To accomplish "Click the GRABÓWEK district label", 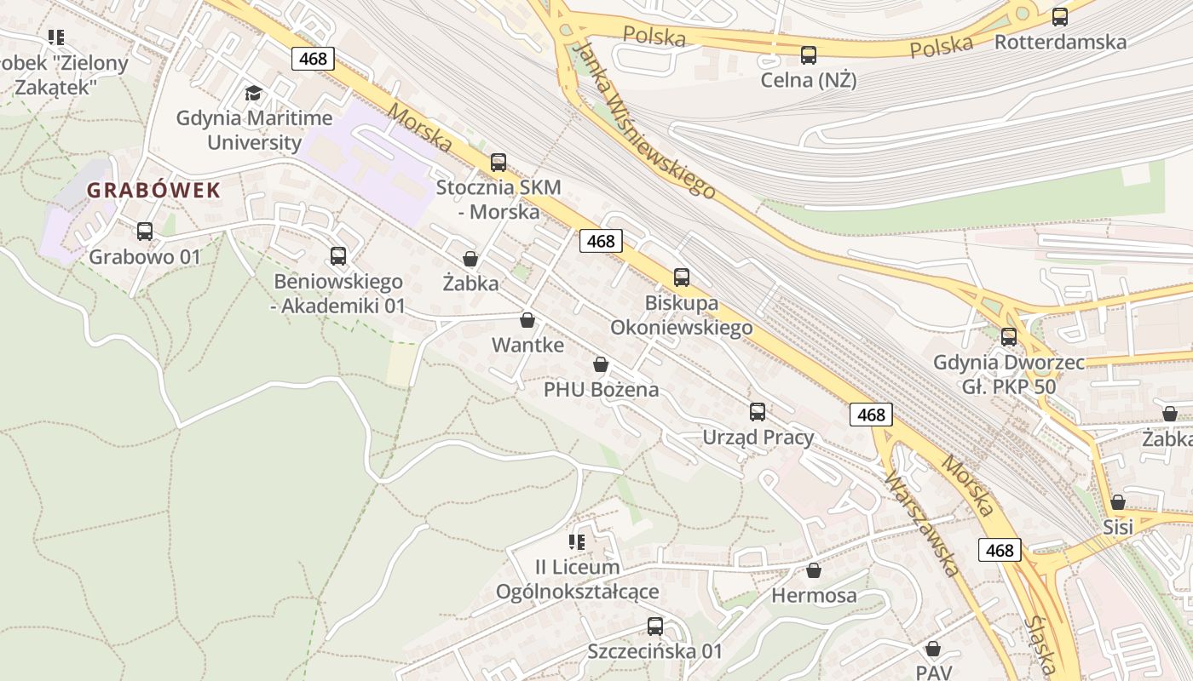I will (153, 191).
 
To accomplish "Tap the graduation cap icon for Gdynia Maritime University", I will (253, 93).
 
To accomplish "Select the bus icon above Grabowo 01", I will (145, 231).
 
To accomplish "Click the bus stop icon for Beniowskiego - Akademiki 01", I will (338, 255).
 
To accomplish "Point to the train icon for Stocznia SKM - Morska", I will (499, 162).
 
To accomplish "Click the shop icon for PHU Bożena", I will (601, 364).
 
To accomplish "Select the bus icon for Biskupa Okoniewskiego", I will (682, 277).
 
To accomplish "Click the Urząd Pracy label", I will (758, 438).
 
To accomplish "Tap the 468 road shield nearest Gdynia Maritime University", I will (314, 59).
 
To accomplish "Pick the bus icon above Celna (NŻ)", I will (809, 55).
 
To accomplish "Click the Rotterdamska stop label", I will (1060, 42).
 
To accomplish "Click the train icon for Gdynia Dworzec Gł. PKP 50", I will (1009, 336).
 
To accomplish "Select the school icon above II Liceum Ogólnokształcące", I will (577, 541).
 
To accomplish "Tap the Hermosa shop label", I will (814, 595).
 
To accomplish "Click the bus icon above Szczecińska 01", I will (655, 627).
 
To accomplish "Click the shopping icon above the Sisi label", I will (1118, 502).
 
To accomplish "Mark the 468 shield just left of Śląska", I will (1000, 550).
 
